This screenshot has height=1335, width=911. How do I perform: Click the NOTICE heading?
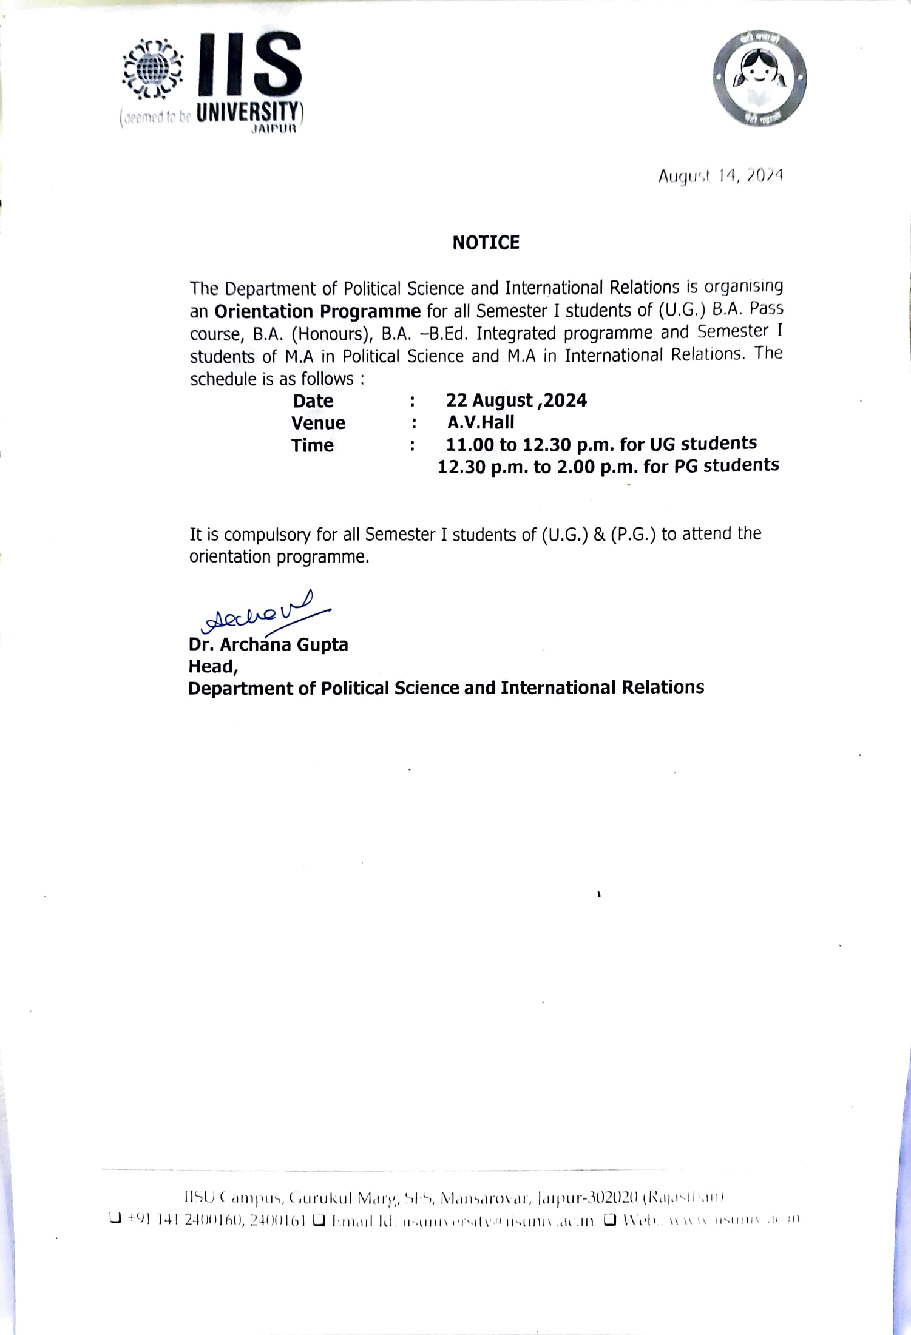486,243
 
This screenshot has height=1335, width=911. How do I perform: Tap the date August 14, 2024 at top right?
720,176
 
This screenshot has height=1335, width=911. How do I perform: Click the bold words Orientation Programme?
317,311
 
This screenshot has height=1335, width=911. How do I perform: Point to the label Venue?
318,423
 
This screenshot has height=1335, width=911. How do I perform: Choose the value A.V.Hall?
481,422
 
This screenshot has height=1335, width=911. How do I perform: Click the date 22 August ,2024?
516,400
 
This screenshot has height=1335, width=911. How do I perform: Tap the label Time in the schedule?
312,445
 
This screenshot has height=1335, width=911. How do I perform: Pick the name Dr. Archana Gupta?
268,644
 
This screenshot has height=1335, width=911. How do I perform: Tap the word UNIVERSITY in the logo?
248,113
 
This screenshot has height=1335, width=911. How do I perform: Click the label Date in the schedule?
313,401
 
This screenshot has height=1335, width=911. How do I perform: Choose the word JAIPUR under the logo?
274,129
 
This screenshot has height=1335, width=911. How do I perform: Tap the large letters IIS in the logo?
249,64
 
